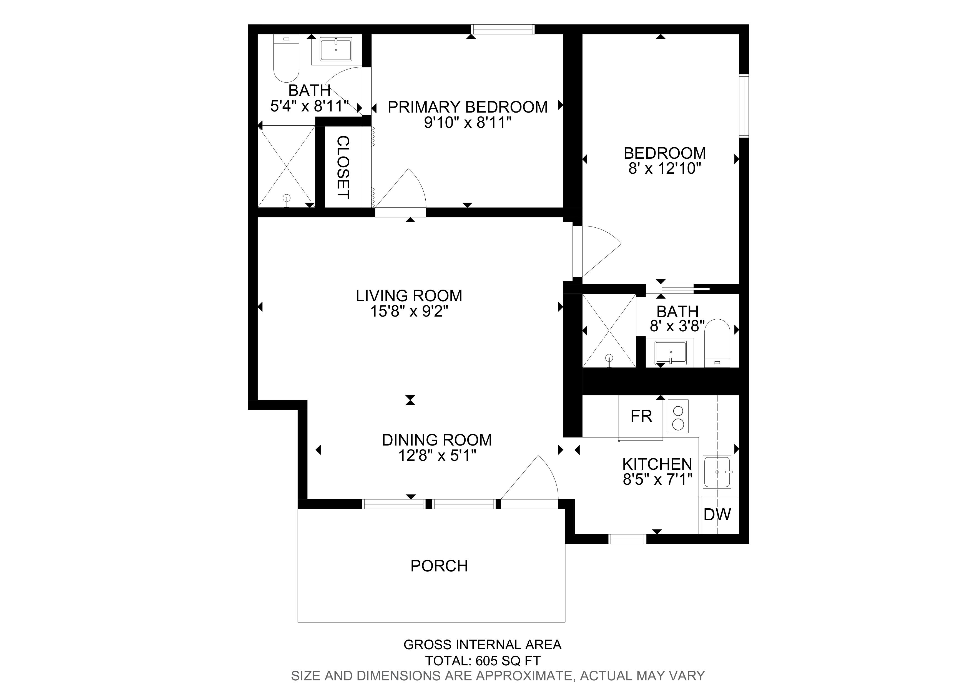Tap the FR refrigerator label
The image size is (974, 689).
tap(641, 416)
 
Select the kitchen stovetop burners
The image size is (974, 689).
tap(678, 416)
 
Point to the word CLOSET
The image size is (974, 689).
tap(343, 167)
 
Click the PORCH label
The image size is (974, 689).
tap(439, 566)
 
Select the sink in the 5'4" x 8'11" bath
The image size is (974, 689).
tap(336, 49)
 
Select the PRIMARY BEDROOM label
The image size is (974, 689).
tap(468, 107)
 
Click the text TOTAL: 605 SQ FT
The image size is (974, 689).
tap(483, 661)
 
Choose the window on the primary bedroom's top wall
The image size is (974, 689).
tap(503, 29)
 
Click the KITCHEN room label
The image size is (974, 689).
tap(657, 464)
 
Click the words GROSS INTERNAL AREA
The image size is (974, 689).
tap(482, 645)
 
